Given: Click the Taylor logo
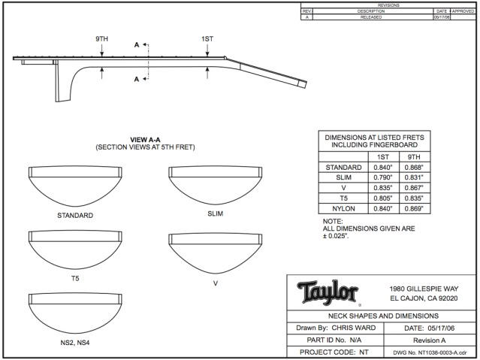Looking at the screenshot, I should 328,291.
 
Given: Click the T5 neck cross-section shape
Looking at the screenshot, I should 75,249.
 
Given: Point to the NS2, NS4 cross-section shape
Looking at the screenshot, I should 75,312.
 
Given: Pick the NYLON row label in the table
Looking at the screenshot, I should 343,208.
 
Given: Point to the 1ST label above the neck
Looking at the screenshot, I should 207,38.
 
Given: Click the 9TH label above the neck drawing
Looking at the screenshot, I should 102,38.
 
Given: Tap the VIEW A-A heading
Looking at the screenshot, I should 146,140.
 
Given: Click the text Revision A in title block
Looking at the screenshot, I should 431,340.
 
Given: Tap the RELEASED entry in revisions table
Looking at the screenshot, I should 370,17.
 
